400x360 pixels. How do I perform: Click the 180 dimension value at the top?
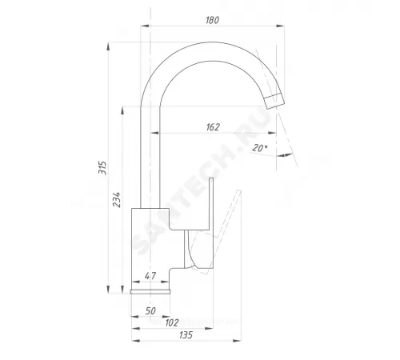tap(212, 20)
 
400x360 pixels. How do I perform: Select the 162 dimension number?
tap(213, 127)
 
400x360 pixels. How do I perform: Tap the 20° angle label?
tap(260, 147)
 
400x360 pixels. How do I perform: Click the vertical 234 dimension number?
tap(117, 199)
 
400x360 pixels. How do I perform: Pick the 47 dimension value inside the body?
tap(150, 276)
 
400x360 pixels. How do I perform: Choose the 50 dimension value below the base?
tap(150, 310)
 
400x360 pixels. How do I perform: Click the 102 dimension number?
tap(172, 323)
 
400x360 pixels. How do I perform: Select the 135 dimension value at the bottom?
tap(186, 335)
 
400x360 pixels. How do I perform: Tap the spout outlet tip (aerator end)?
tap(274, 101)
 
